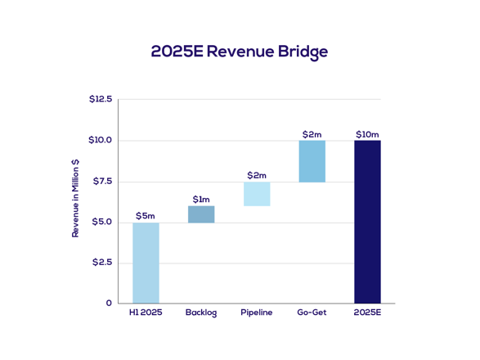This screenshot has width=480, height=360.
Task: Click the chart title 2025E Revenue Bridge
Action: [240, 52]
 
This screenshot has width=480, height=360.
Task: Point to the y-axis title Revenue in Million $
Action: [76, 199]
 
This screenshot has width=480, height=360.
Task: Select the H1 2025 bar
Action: [146, 263]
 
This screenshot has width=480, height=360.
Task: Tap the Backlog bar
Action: [201, 214]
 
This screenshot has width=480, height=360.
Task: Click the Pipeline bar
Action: [257, 194]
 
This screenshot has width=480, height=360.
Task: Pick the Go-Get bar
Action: [312, 161]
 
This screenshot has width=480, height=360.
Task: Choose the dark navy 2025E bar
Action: [367, 222]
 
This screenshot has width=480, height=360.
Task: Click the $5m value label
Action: [146, 216]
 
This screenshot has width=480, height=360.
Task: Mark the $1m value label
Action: [201, 199]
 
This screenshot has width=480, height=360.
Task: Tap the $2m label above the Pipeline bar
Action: [257, 175]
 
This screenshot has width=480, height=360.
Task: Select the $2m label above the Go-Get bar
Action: [312, 134]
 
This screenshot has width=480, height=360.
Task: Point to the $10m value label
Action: [367, 134]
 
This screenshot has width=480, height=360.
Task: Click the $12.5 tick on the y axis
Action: [101, 99]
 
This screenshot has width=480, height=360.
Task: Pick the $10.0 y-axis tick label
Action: [101, 140]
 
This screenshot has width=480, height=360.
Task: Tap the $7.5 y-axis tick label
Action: [102, 181]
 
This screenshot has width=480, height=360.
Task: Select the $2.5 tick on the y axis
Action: [102, 263]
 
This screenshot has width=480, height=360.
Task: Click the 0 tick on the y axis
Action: [109, 303]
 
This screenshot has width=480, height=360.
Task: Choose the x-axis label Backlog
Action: [201, 313]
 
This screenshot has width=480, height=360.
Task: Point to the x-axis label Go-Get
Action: [312, 313]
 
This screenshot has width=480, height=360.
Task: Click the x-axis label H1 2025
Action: [146, 313]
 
